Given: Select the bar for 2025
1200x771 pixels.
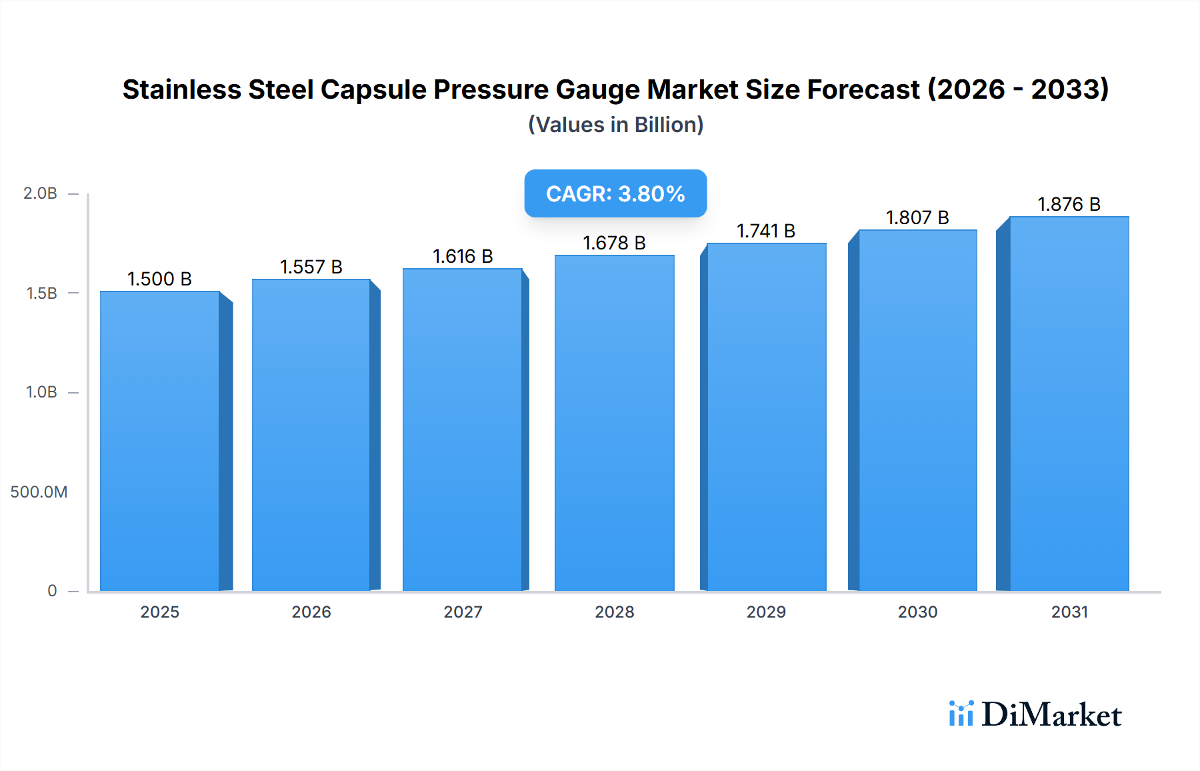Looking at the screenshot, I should click(160, 440).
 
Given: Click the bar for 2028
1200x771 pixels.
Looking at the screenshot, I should click(614, 424).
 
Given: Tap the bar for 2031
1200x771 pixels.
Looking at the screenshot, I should click(1069, 404).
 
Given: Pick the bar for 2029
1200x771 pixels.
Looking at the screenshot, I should click(766, 417).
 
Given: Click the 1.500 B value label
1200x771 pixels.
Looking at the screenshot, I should click(159, 279).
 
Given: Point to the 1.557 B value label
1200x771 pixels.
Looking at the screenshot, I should click(311, 267).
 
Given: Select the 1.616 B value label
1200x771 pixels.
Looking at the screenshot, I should click(463, 256).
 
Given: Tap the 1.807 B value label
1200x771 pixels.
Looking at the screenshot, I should click(917, 217).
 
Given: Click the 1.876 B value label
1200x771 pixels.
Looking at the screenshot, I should click(1069, 204).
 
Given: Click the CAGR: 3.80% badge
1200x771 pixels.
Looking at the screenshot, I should click(615, 193).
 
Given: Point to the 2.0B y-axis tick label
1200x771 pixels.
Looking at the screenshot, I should click(40, 193).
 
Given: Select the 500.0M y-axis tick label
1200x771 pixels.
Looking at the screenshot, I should click(39, 492).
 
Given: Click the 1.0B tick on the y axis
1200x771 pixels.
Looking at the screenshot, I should click(41, 392).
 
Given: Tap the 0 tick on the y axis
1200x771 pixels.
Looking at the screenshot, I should click(52, 591).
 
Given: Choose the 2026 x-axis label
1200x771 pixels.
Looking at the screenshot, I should click(311, 612).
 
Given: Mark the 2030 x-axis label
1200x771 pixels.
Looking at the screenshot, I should click(917, 612).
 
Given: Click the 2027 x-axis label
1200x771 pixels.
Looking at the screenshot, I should click(463, 612).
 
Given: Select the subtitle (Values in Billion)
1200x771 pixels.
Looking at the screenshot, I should click(615, 125).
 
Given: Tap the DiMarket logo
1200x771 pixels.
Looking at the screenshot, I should click(1035, 714).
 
